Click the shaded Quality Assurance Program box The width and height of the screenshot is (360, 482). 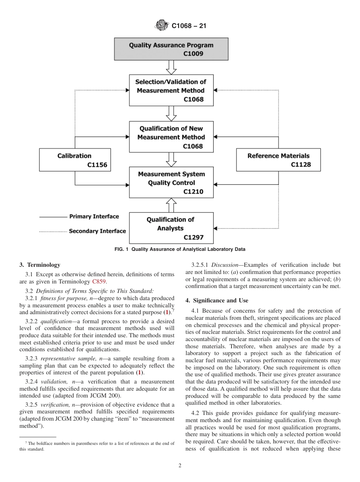click(171, 49)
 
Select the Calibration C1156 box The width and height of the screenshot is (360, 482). click(75, 160)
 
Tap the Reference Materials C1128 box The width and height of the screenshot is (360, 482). click(279, 160)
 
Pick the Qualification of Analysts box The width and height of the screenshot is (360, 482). click(171, 228)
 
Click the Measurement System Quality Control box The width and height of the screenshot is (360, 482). click(171, 183)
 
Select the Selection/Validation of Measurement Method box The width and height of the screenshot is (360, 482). click(171, 90)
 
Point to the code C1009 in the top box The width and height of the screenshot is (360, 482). click(193, 54)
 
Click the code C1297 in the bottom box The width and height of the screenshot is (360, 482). click(193, 238)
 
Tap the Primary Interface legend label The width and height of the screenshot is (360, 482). click(94, 216)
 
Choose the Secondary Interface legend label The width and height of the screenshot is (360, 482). click(97, 231)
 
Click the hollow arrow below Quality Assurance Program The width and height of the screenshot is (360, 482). click(172, 67)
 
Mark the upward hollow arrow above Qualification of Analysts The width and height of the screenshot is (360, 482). click(172, 205)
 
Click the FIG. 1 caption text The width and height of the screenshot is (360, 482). click(180, 249)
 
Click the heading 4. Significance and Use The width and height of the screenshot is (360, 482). click(217, 300)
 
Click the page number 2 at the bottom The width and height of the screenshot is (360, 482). click(180, 466)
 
